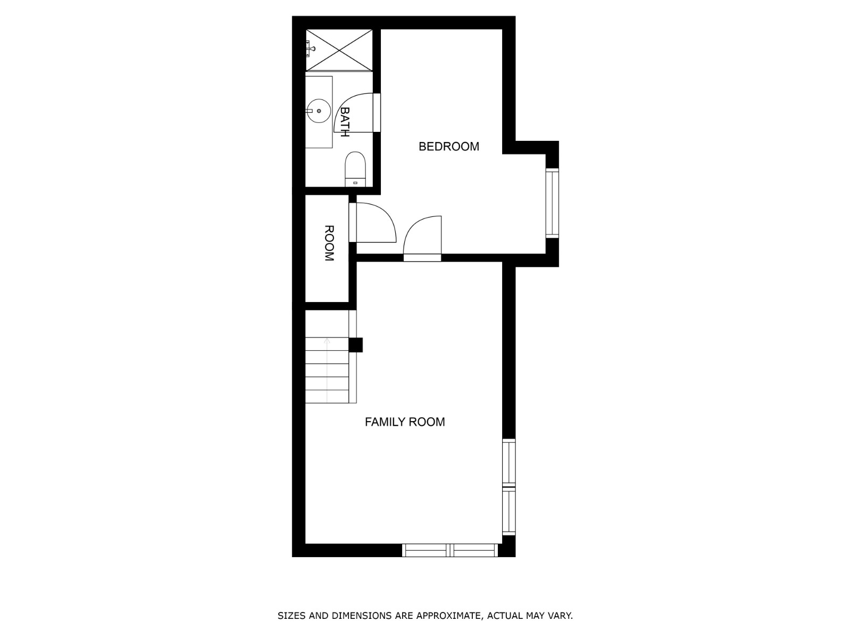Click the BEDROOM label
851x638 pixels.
pyautogui.click(x=448, y=146)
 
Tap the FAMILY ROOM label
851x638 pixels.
pyautogui.click(x=405, y=422)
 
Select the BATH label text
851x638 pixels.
pyautogui.click(x=345, y=122)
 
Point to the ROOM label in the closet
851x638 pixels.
pyautogui.click(x=329, y=244)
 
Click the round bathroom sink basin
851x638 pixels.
pyautogui.click(x=319, y=111)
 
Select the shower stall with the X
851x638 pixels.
pyautogui.click(x=339, y=49)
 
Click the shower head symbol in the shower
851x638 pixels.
pyautogui.click(x=311, y=48)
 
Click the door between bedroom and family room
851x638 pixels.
pyautogui.click(x=422, y=239)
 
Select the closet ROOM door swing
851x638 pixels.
pyautogui.click(x=376, y=223)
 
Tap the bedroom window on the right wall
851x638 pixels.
pyautogui.click(x=553, y=203)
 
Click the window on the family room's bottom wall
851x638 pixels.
pyautogui.click(x=450, y=550)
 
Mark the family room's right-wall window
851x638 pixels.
pyautogui.click(x=509, y=486)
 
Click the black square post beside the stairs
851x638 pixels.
pyautogui.click(x=355, y=345)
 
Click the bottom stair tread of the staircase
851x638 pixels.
pyautogui.click(x=327, y=397)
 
